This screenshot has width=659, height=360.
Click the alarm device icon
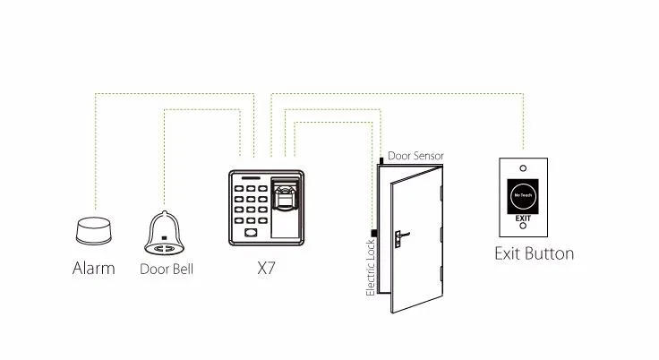point(93,232)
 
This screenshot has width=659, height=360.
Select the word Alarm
point(93,268)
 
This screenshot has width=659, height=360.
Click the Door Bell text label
point(167,269)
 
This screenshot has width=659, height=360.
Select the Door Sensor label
point(415,156)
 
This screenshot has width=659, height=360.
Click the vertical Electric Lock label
point(371,263)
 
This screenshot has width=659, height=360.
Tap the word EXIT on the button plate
point(523,218)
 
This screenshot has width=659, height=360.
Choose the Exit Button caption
point(534,253)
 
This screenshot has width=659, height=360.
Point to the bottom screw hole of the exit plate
point(523,229)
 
